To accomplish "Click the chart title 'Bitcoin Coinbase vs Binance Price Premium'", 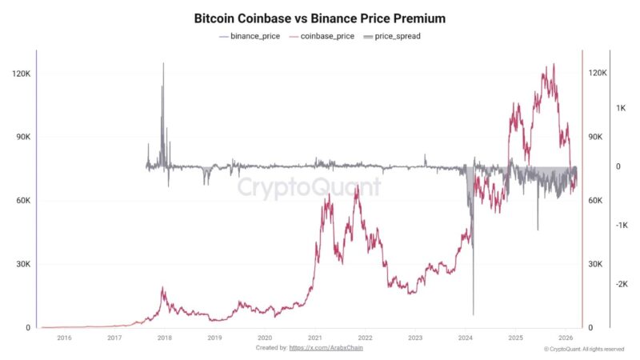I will point(320,18).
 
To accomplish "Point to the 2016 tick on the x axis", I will point(64,338).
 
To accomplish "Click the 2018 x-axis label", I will point(164,338).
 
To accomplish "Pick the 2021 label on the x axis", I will point(315,338).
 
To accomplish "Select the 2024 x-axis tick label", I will point(466,338).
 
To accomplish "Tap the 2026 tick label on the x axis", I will point(566,338).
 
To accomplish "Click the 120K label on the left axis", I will point(20,74).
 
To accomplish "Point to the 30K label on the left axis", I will point(22,264).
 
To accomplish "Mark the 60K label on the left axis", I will point(22,201).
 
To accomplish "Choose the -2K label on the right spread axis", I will point(620,284).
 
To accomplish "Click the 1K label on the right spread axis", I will point(620,107).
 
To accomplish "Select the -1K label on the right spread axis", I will point(620,226).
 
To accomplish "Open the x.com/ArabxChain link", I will point(330,348).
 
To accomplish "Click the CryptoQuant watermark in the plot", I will point(309,187).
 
